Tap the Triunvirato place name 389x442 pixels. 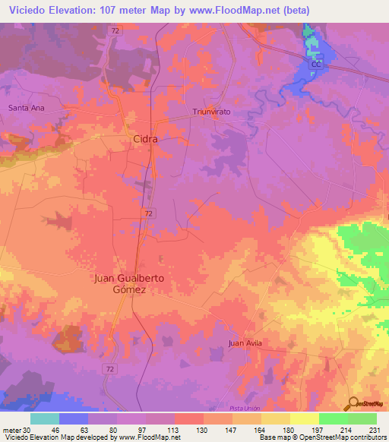pyautogui.click(x=210, y=111)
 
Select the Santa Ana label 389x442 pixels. pyautogui.click(x=27, y=109)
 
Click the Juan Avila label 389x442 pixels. pyautogui.click(x=245, y=344)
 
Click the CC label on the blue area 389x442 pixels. pyautogui.click(x=318, y=65)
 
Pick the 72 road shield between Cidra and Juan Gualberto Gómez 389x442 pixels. pyautogui.click(x=147, y=215)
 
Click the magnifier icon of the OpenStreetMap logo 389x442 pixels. pyautogui.click(x=351, y=403)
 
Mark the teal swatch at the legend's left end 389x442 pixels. pyautogui.click(x=45, y=418)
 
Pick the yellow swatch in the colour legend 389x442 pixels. pyautogui.click(x=304, y=418)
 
